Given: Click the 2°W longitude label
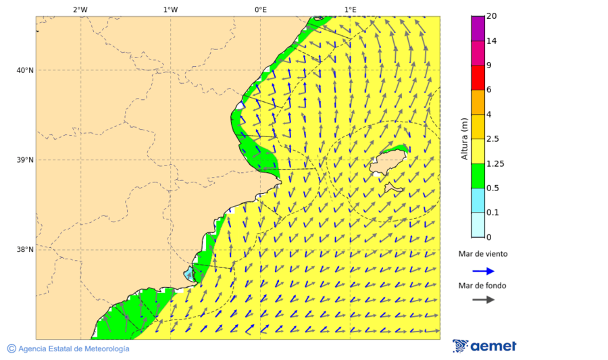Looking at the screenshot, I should click(x=80, y=9).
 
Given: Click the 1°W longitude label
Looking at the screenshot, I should click(x=170, y=9).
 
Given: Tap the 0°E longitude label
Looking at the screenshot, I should click(x=260, y=9).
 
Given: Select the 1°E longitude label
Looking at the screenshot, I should click(x=350, y=9).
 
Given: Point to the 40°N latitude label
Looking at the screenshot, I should click(x=25, y=70).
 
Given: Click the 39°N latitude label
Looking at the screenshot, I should click(x=25, y=160).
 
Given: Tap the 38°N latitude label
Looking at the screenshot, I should click(x=25, y=250).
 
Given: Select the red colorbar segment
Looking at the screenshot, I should click(x=478, y=77).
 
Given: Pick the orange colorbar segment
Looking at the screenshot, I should click(x=478, y=102).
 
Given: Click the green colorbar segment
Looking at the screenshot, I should click(x=478, y=176).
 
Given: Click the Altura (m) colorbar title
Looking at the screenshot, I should click(x=464, y=138).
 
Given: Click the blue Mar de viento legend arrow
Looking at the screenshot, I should click(x=483, y=271).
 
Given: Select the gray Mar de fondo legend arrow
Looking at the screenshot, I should click(x=483, y=300).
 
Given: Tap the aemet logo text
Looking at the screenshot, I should click(x=493, y=346).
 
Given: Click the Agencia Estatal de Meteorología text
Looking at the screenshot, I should click(x=73, y=349).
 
